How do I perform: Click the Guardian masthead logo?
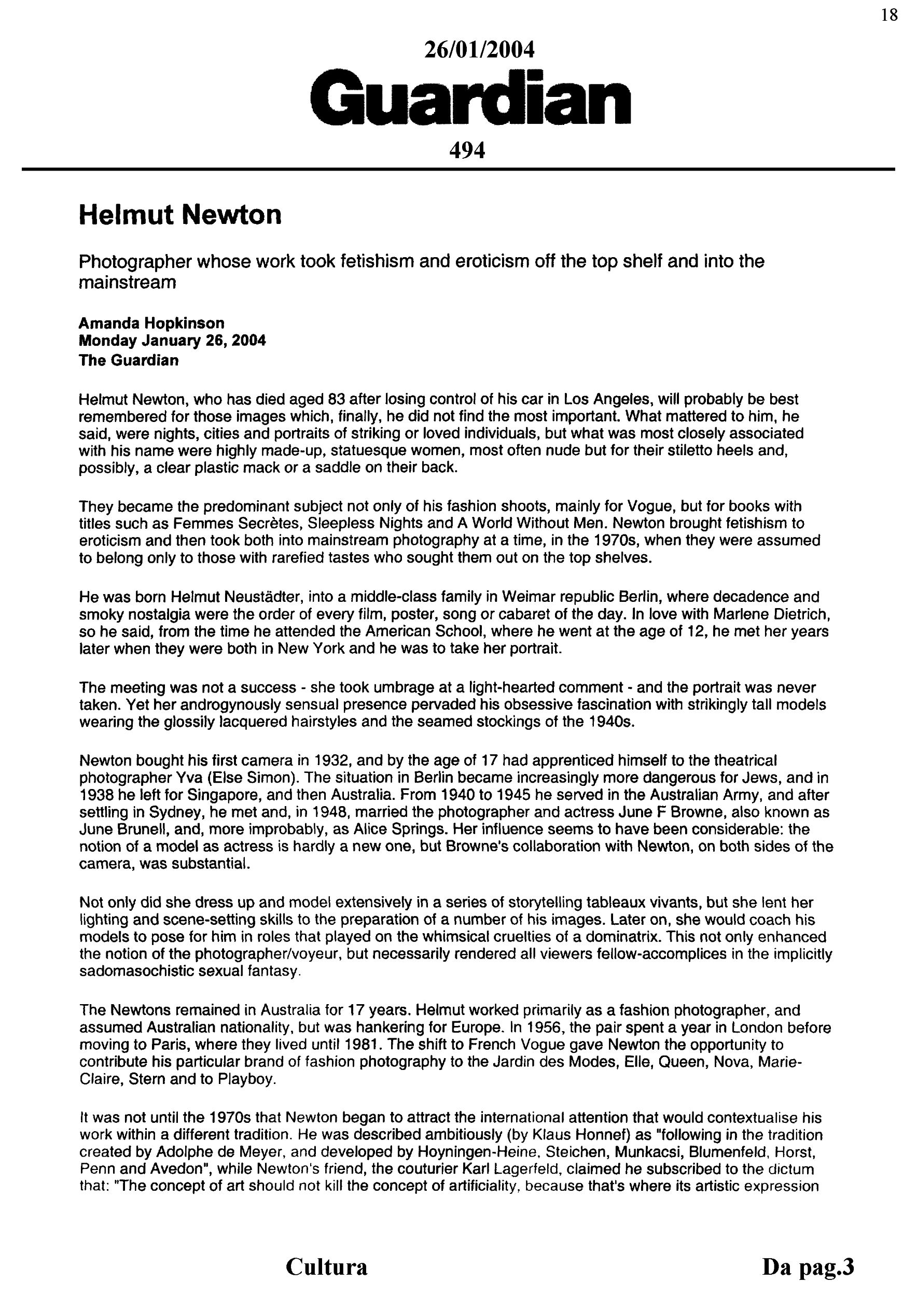click(x=470, y=97)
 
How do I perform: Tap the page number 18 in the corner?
click(x=889, y=15)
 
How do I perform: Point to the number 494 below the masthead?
click(x=467, y=151)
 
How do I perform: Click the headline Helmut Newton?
click(x=179, y=215)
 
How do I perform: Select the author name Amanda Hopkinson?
click(x=151, y=323)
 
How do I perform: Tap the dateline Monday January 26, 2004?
click(x=172, y=341)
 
